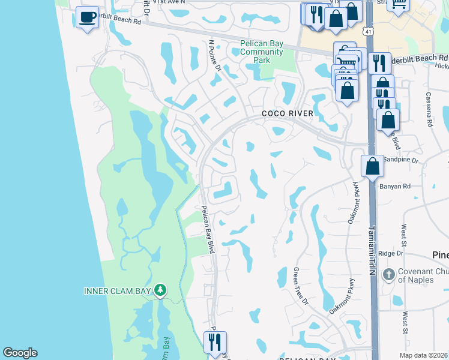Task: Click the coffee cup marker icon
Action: (88, 18)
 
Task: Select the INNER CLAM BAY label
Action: (119, 292)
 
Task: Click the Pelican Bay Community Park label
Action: (262, 52)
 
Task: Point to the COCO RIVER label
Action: (288, 113)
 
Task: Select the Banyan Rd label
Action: (394, 186)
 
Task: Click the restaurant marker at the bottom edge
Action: (215, 343)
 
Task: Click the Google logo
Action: (20, 353)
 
